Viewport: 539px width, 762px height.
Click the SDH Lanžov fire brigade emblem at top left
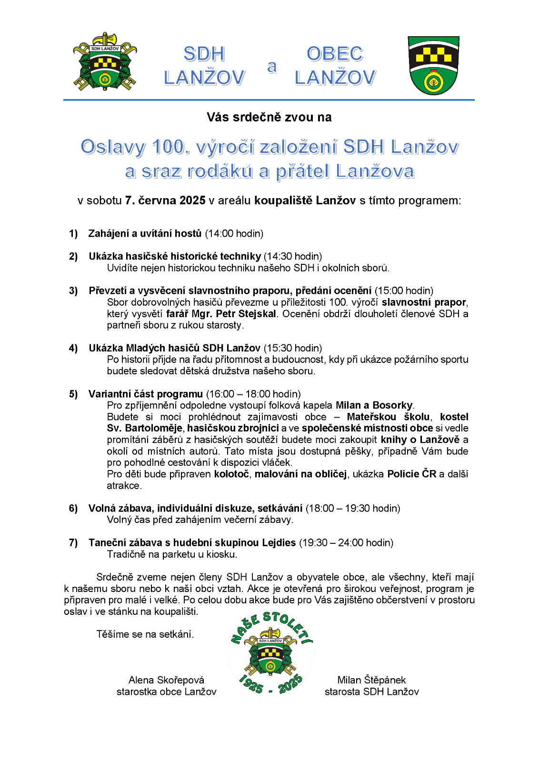[105, 62]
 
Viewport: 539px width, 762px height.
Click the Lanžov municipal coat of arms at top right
[433, 65]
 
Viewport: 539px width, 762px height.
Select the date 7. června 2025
[165, 201]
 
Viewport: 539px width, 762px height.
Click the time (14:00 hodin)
[234, 233]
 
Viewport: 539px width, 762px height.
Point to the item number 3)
[73, 291]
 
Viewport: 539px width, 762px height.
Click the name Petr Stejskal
[246, 314]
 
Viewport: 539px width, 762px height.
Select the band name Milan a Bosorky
[374, 405]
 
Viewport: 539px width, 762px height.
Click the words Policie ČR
[412, 474]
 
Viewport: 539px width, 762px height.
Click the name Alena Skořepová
[166, 680]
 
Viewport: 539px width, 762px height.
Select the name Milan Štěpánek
[371, 680]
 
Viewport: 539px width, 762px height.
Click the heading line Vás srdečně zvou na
[269, 117]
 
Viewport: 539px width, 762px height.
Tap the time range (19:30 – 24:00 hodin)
[346, 542]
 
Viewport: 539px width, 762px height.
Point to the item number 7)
[73, 542]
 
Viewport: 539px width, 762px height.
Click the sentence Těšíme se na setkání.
[145, 634]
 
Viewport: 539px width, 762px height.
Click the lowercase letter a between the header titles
[272, 67]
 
